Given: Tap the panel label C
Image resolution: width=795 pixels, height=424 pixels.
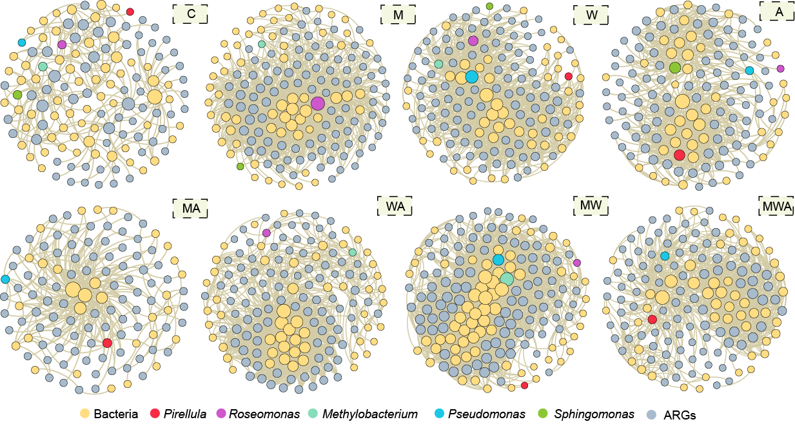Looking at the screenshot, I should click(190, 14).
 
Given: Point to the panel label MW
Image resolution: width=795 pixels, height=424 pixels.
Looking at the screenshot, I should click(591, 206).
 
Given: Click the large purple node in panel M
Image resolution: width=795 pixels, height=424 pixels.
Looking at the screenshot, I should click(318, 104).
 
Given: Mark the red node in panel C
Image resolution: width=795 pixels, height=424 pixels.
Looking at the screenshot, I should click(130, 12).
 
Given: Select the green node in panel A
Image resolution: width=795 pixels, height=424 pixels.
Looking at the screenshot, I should click(675, 68).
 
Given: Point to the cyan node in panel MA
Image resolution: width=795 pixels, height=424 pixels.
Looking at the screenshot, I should click(6, 279).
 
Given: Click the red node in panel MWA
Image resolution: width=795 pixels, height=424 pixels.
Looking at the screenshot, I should click(653, 320).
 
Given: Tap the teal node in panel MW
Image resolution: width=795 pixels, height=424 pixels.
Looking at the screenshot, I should click(507, 279).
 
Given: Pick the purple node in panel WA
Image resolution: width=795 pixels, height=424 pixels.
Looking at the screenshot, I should click(266, 233).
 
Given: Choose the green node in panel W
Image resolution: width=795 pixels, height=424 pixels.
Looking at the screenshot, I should click(489, 6).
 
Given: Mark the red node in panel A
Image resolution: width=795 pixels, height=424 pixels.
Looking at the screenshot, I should click(679, 155).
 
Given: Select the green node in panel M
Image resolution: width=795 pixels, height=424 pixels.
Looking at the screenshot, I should click(240, 166).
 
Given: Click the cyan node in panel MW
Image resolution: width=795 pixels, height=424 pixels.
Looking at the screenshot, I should click(498, 260).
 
